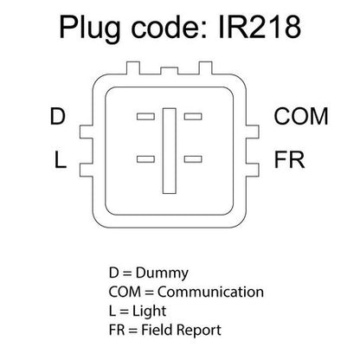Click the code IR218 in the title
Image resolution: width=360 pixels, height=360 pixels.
tap(260, 27)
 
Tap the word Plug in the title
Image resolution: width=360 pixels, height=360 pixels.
tap(90, 29)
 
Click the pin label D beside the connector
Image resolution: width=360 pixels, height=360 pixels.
tap(58, 116)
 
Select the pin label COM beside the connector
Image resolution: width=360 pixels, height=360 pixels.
tap(301, 116)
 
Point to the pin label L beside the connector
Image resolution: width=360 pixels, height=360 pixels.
tap(61, 159)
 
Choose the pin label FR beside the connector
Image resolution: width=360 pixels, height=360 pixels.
tap(289, 159)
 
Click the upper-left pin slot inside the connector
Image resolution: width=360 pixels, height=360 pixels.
tap(145, 117)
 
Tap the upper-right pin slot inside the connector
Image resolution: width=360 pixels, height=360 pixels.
tap(193, 117)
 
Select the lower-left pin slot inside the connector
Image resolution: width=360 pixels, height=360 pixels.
tap(145, 159)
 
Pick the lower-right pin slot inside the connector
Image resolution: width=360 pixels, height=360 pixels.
tap(193, 159)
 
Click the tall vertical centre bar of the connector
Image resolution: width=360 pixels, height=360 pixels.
tap(170, 151)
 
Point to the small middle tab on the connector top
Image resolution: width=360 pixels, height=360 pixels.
tap(170, 71)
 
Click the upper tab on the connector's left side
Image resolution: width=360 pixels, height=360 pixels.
tap(86, 132)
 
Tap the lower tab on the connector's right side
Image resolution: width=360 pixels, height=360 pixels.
tap(253, 170)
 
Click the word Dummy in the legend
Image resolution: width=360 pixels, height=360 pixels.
tap(162, 273)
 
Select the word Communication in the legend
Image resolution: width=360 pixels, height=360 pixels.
tap(210, 292)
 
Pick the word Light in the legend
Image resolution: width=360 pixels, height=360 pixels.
tap(150, 312)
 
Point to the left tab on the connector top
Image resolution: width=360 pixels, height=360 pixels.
tap(133, 68)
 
